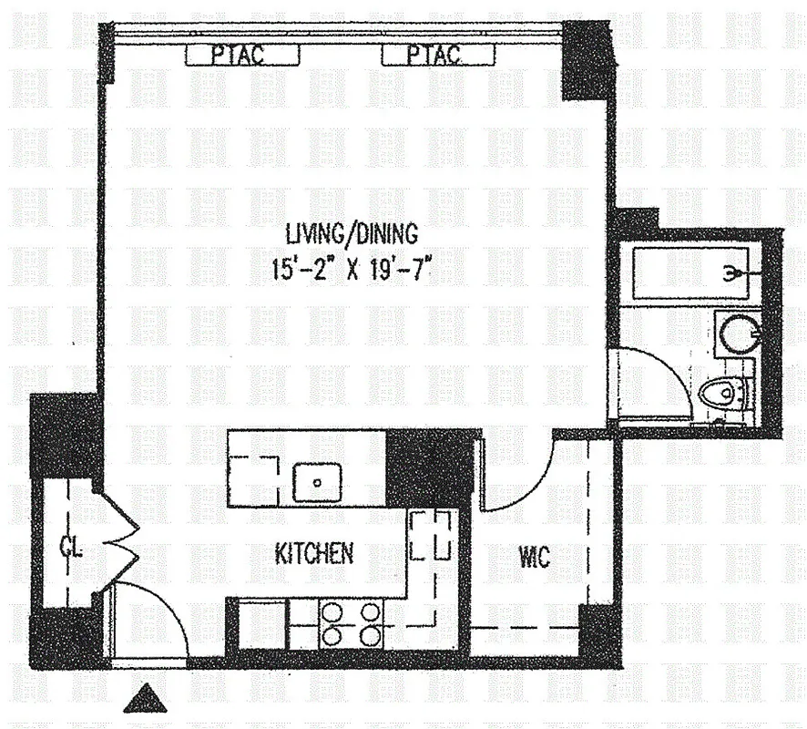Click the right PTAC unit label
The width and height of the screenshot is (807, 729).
point(434,56)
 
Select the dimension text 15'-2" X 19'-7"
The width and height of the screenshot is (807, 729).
point(351,271)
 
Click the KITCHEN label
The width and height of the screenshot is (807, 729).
point(314,553)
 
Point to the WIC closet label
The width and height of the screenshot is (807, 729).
point(535,557)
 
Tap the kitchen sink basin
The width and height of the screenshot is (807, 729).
point(316,478)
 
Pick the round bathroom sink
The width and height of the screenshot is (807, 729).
point(734,333)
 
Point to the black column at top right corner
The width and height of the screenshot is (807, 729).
point(587,59)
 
